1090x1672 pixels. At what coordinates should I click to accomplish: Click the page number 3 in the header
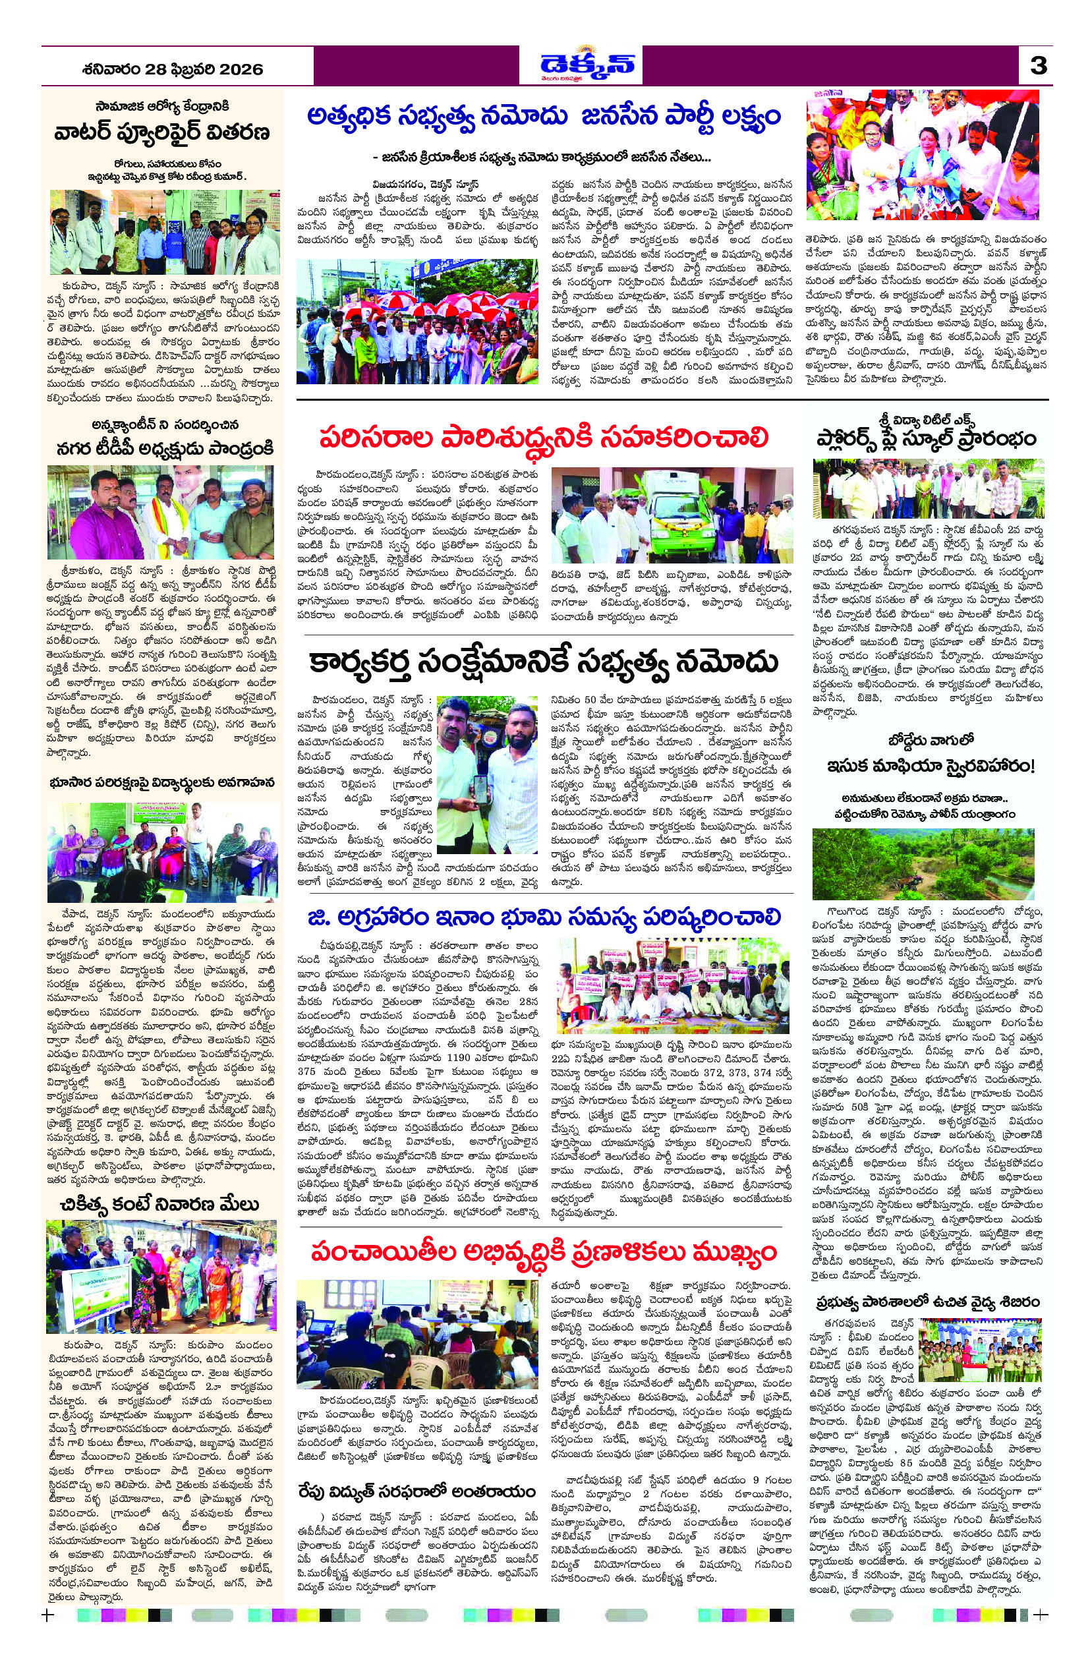click(x=1038, y=66)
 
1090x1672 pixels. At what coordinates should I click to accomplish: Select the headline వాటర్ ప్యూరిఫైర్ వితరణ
click(x=162, y=132)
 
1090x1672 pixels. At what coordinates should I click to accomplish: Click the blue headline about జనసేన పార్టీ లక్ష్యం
click(x=543, y=117)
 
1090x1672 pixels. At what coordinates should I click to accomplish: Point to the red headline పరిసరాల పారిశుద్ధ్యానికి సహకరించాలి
click(x=544, y=438)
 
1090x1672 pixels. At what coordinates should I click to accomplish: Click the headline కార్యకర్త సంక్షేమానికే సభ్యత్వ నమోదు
click(x=543, y=662)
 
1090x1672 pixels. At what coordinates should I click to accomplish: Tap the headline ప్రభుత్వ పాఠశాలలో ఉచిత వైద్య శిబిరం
click(x=927, y=1302)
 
